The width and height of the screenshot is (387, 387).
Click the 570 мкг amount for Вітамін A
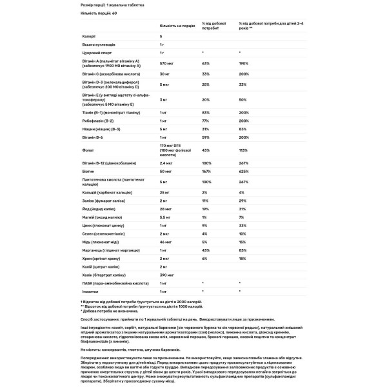[166, 63]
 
